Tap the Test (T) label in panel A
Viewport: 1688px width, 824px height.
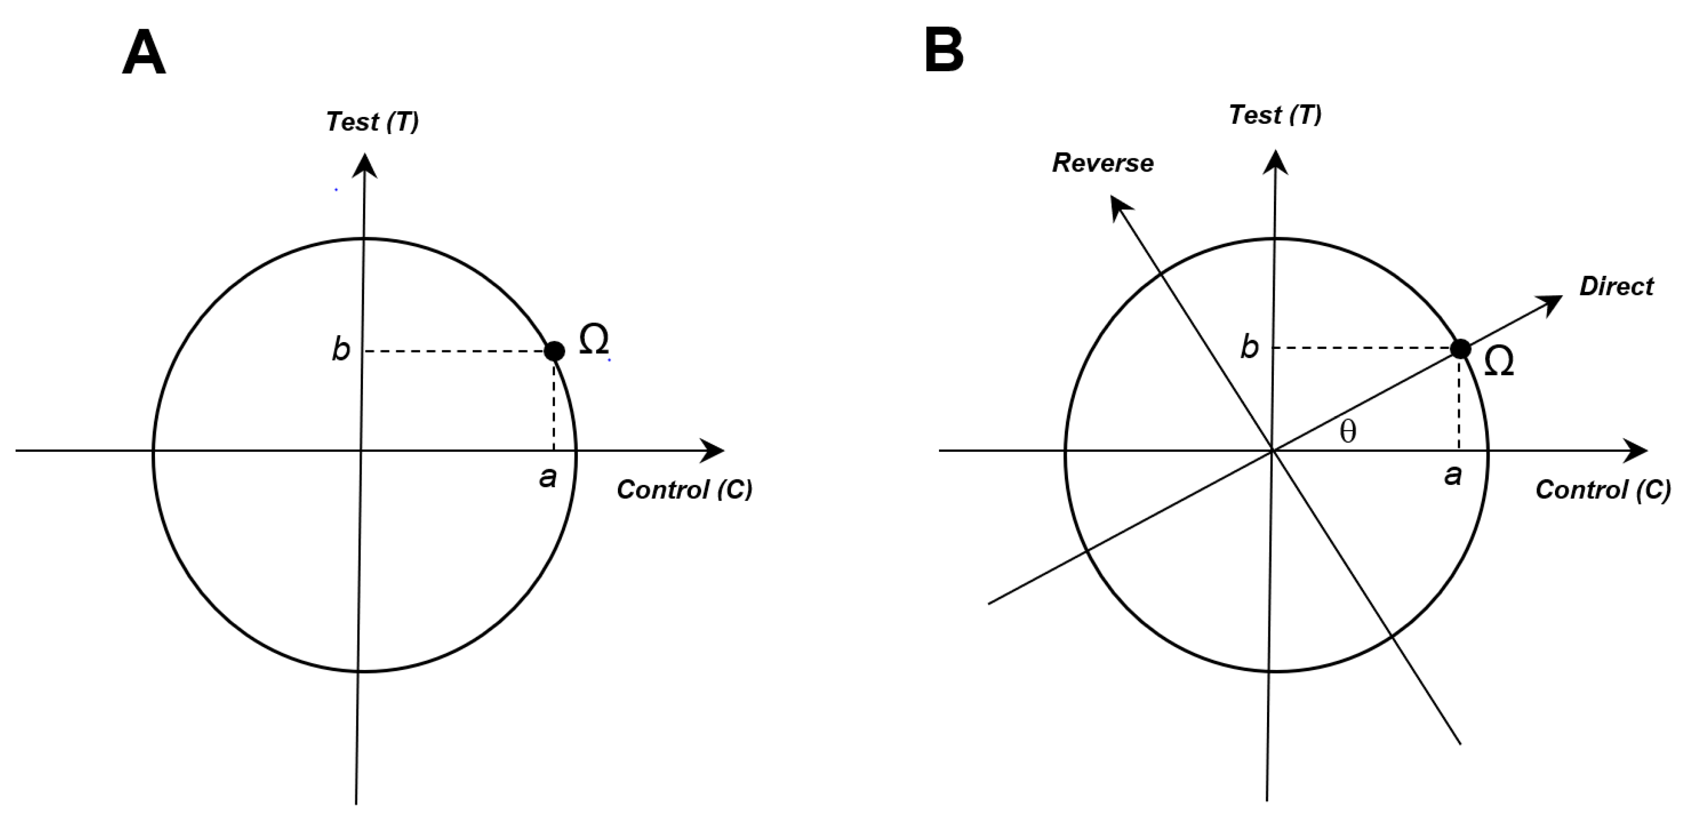(x=372, y=122)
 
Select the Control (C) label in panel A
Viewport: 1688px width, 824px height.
(x=684, y=490)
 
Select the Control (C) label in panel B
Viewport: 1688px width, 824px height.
(x=1603, y=490)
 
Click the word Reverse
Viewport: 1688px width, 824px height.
(x=1103, y=163)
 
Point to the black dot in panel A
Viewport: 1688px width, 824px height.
(x=555, y=351)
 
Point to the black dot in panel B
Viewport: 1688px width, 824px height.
(x=1460, y=348)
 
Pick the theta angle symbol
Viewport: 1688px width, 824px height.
(x=1348, y=432)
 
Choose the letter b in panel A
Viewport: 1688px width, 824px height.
(x=341, y=349)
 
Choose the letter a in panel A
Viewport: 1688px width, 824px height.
(x=547, y=478)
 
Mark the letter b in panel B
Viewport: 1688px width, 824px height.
(x=1249, y=347)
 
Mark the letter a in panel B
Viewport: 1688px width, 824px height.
(x=1453, y=475)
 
